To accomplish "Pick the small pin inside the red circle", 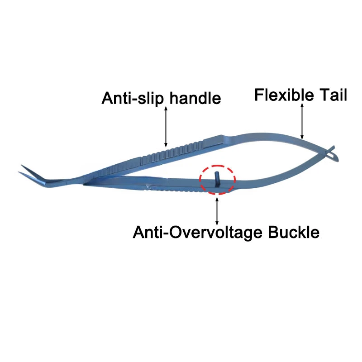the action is coord(216,178).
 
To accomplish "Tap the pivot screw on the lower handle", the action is coord(148,186).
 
